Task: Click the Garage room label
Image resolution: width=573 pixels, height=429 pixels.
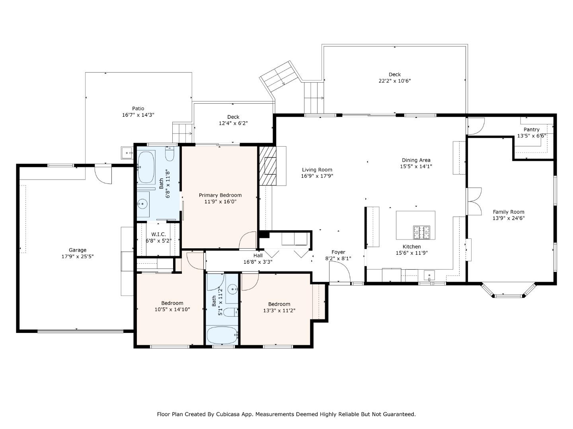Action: [78, 250]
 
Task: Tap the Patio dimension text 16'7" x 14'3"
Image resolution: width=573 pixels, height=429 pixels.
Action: [138, 115]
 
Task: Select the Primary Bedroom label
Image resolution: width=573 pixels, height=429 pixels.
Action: [220, 195]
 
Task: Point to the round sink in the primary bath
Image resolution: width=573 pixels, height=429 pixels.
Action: [142, 204]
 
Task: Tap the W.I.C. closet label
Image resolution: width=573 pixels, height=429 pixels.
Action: [158, 234]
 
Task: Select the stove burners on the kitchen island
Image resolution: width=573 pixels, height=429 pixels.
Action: [421, 232]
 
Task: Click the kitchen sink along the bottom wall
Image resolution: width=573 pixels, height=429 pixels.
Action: [429, 275]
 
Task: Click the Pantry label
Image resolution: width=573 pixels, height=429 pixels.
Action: [532, 129]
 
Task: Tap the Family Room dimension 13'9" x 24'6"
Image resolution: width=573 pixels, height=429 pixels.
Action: [509, 218]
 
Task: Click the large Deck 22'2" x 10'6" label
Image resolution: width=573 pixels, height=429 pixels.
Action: [394, 74]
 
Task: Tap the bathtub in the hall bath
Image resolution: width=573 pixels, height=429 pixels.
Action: [222, 335]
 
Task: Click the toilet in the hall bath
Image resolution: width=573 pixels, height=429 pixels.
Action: [230, 312]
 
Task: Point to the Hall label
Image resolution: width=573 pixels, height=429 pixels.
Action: [258, 255]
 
